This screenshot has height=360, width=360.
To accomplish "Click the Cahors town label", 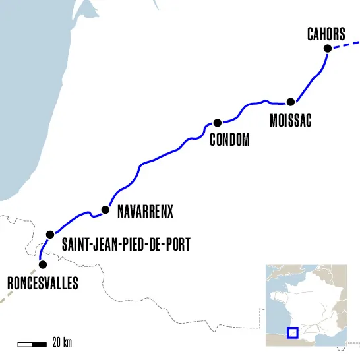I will (x=326, y=34).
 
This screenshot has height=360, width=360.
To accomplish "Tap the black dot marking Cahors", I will (x=326, y=48).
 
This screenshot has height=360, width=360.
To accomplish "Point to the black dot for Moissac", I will (x=290, y=102).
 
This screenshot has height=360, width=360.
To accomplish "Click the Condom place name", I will (x=229, y=139).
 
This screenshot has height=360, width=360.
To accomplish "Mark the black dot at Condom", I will (x=216, y=123).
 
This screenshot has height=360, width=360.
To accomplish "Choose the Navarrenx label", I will (x=144, y=212).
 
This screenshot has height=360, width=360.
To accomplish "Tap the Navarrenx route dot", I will (x=105, y=210).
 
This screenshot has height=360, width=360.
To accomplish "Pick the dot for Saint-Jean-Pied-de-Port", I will (x=49, y=235).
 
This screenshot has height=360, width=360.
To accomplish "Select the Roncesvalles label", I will (x=42, y=284).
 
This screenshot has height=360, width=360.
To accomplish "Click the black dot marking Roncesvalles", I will (x=43, y=265).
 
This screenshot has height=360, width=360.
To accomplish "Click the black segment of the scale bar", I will (x=39, y=344).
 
